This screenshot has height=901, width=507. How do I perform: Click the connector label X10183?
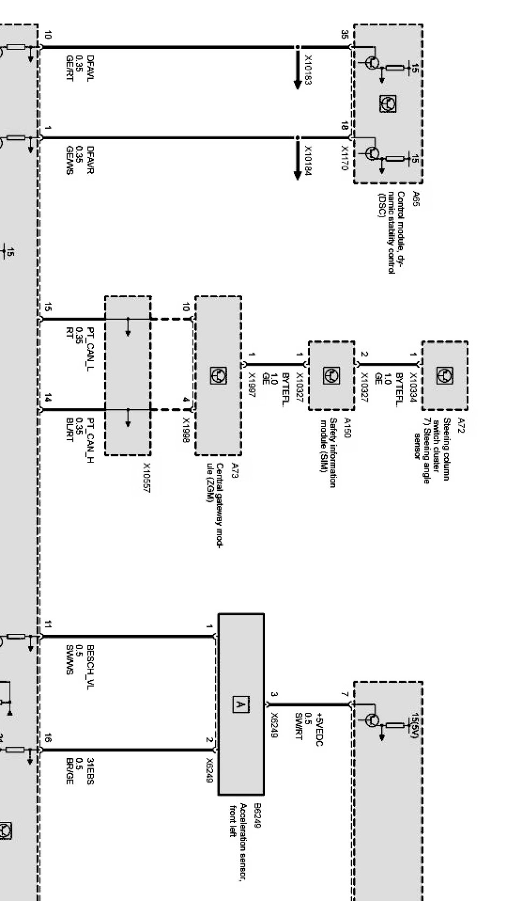(x=309, y=69)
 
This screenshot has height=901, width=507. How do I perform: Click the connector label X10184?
(x=309, y=161)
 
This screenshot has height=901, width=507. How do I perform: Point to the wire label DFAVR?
(x=90, y=160)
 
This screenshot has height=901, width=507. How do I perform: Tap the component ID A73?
(x=235, y=471)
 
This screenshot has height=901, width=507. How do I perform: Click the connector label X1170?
(x=344, y=159)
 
